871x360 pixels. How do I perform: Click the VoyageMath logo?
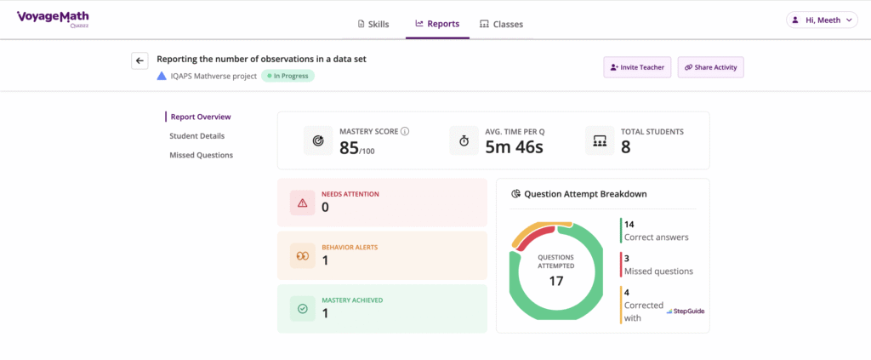tap(53, 18)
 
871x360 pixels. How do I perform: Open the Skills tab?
tap(373, 24)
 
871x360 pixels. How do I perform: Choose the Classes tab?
tap(501, 24)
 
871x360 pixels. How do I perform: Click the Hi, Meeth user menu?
tap(820, 20)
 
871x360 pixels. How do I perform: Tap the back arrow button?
tap(139, 60)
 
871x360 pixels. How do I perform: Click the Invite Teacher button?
tap(637, 67)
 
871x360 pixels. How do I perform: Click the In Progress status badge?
tap(287, 76)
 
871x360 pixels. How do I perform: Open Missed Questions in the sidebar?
tap(201, 155)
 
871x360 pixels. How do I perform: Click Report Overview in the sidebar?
tap(200, 117)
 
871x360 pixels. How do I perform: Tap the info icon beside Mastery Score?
tap(405, 131)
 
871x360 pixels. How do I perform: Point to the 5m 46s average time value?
tap(514, 146)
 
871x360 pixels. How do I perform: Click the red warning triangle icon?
tap(302, 203)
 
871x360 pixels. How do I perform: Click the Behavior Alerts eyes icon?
tap(302, 255)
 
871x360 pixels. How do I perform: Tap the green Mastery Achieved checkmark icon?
tap(302, 308)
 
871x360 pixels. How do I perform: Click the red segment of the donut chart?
tap(532, 237)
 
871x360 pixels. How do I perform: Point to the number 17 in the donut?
tap(556, 281)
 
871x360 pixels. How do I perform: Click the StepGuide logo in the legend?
tap(685, 311)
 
